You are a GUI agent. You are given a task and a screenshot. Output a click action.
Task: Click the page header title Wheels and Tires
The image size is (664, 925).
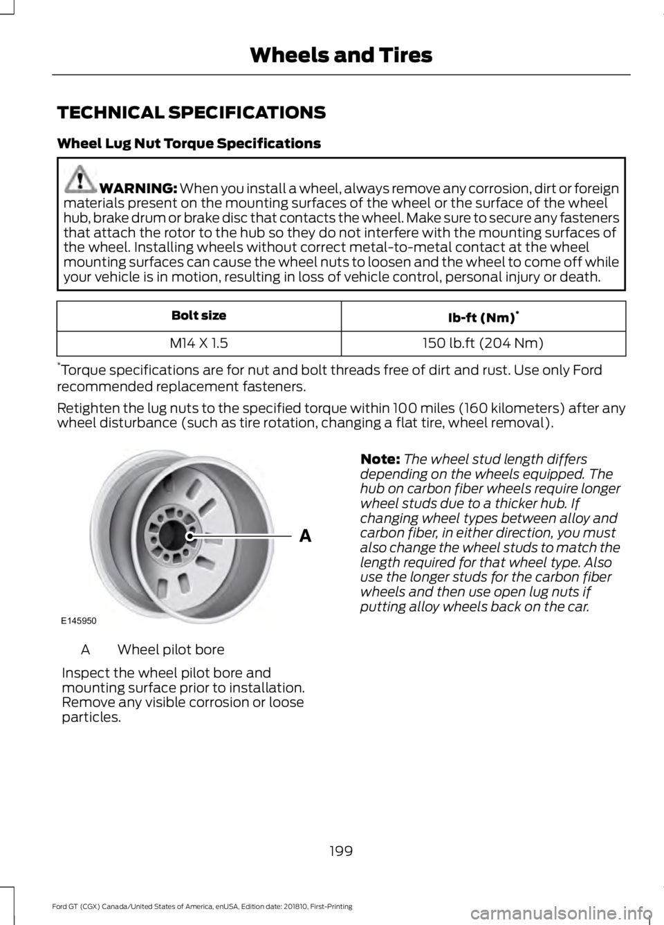(341, 55)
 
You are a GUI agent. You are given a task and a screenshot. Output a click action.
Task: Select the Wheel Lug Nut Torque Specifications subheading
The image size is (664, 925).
(189, 144)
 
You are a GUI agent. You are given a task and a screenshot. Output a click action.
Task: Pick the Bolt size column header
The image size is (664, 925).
(199, 315)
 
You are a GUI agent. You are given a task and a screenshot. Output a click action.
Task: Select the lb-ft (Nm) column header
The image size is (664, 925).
(483, 317)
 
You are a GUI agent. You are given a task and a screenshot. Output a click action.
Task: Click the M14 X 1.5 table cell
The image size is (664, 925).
(199, 342)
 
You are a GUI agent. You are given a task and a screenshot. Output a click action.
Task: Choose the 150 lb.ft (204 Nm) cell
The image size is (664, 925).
(483, 342)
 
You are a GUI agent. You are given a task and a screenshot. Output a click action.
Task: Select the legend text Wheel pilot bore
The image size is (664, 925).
(171, 650)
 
